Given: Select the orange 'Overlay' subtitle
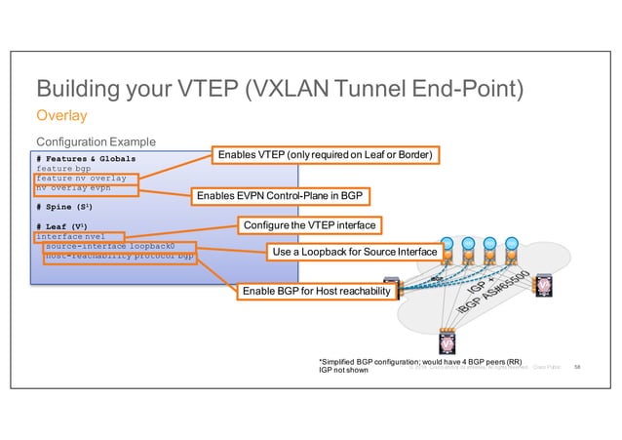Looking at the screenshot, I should [x=61, y=116].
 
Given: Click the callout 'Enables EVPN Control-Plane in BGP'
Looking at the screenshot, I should [x=279, y=197].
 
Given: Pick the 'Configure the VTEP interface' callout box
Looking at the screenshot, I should [x=308, y=225].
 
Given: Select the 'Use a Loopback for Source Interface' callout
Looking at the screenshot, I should [x=355, y=253].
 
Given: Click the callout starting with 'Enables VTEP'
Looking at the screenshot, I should [x=325, y=155].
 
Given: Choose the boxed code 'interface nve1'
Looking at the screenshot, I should [x=70, y=236].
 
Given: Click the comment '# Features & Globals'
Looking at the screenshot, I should [x=86, y=157].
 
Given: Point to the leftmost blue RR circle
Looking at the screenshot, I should [x=447, y=243].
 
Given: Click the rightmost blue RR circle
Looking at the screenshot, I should [x=511, y=243].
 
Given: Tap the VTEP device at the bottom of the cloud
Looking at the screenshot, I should [x=447, y=347].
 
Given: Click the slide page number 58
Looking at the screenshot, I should [x=577, y=368].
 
